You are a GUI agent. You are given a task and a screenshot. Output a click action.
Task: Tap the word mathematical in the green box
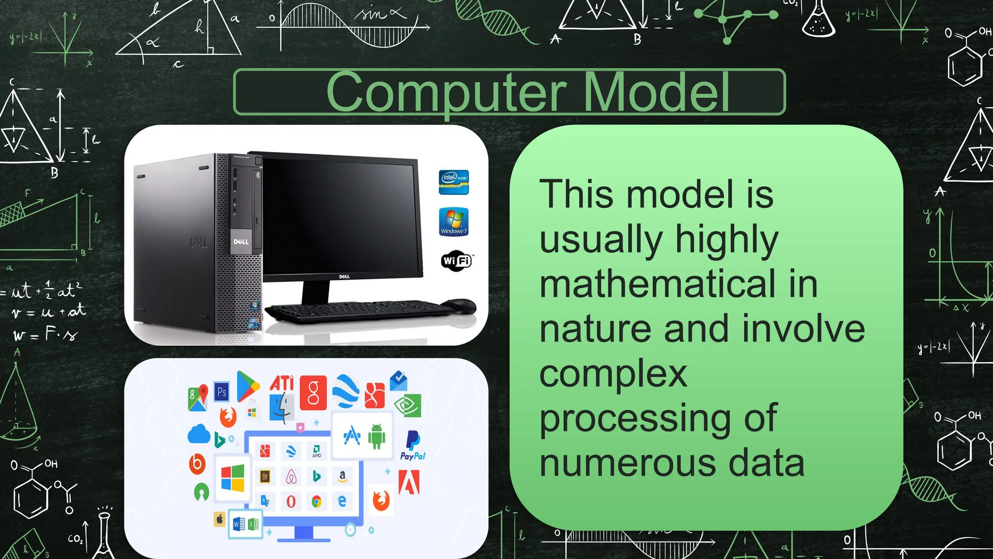[657, 284]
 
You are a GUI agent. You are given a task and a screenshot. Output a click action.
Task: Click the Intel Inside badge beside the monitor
[454, 182]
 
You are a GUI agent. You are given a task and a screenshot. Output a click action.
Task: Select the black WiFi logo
[456, 261]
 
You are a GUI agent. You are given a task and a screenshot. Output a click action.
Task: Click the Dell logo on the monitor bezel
[344, 277]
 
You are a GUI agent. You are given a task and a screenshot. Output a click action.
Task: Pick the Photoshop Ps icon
[222, 392]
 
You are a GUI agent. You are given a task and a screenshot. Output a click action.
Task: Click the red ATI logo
[282, 383]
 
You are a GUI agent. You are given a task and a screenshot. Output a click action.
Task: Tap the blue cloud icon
[199, 434]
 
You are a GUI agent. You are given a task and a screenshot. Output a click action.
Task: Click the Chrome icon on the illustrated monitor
[317, 502]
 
